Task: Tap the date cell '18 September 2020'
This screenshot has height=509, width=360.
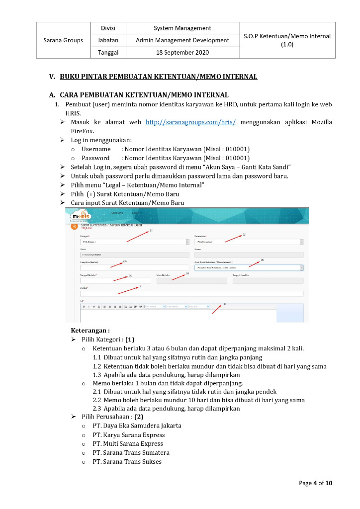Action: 182,52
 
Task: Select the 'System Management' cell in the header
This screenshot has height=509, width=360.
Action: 182,28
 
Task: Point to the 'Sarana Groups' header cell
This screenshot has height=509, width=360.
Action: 63,40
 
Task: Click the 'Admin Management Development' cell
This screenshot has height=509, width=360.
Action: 182,40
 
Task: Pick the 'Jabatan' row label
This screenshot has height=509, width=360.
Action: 108,40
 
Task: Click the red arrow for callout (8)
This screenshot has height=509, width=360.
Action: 217,309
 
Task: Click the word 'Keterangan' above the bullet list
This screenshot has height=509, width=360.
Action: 90,331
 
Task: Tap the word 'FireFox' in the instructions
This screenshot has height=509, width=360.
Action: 82,131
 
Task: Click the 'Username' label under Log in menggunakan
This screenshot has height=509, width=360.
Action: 96,149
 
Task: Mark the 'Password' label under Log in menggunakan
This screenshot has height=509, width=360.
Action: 95,158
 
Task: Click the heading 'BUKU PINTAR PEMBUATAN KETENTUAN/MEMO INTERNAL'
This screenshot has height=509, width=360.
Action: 159,77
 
